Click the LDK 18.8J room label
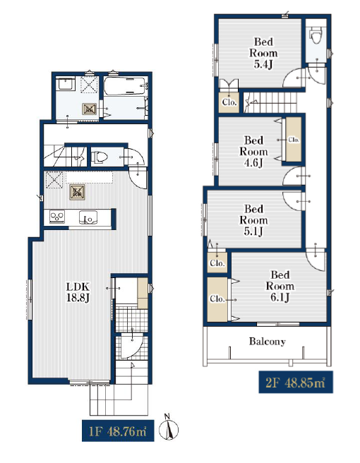[78, 292]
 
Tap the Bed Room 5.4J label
[263, 53]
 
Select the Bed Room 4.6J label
[253, 152]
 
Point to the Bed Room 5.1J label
[253, 220]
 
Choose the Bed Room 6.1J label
[280, 286]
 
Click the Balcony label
[268, 342]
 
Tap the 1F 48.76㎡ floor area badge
[118, 431]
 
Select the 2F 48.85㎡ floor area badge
[296, 382]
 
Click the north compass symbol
[169, 428]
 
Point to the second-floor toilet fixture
[316, 35]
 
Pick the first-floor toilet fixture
[99, 157]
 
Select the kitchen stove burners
[57, 217]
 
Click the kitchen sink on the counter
[88, 217]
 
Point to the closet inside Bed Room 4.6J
[294, 140]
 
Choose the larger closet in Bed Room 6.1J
[217, 299]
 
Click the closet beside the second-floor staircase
[229, 102]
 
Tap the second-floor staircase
[271, 102]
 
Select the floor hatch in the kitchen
[78, 192]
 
